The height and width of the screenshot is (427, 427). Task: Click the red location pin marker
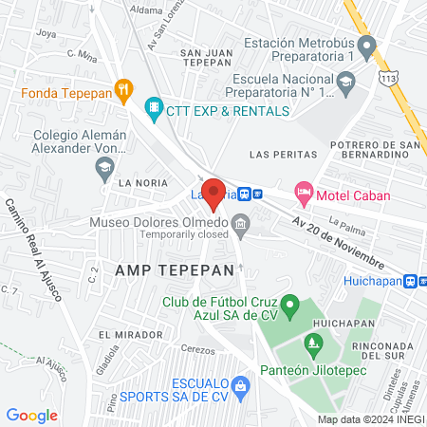click(214, 193)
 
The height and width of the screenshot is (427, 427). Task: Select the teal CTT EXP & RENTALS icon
click(152, 110)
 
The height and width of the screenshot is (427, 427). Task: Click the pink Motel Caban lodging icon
click(304, 193)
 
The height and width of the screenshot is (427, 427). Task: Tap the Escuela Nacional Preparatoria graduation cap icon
click(347, 91)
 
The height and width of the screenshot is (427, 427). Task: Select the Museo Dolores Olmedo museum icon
click(241, 226)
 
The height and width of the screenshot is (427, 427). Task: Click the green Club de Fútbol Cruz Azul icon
click(293, 307)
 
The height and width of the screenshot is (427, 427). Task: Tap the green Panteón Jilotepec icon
click(309, 342)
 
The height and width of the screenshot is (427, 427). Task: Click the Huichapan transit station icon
click(411, 281)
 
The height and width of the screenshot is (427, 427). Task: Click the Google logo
click(32, 415)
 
